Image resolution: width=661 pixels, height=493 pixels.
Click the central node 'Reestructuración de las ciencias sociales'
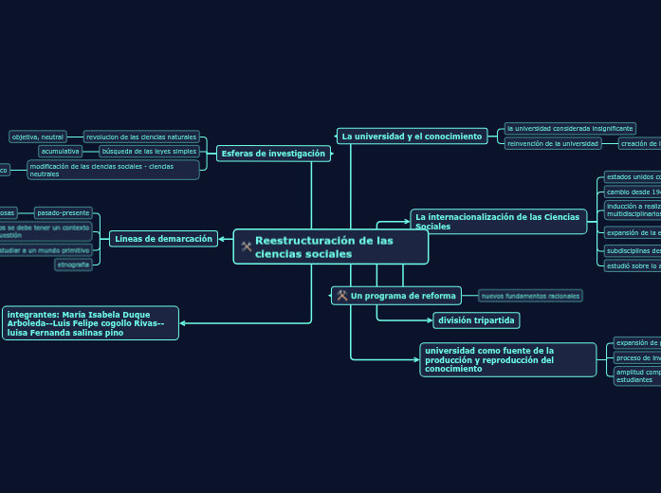click(331, 247)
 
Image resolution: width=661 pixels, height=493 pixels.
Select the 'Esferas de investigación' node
click(273, 154)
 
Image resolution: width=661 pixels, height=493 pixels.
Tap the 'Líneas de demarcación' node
click(163, 239)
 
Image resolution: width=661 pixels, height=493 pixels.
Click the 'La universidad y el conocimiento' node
click(412, 137)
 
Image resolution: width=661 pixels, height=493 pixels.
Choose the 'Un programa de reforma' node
click(403, 296)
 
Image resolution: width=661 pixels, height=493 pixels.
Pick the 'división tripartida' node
click(476, 320)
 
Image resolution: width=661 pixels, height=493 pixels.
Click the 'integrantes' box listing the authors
click(91, 323)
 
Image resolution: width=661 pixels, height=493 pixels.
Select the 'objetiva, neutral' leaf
click(38, 137)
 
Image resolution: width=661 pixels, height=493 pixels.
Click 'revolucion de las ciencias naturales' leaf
click(141, 137)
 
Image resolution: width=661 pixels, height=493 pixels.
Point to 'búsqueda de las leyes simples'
click(149, 151)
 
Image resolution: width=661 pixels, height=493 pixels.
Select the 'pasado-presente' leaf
click(64, 213)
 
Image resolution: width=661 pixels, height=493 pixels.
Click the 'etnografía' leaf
click(73, 265)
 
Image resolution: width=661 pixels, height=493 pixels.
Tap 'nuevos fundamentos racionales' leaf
click(530, 296)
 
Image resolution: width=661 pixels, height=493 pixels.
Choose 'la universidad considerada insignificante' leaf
click(569, 128)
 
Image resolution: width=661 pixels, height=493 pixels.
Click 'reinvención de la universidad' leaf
click(553, 144)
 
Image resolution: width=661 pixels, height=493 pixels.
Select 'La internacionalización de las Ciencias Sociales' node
click(498, 222)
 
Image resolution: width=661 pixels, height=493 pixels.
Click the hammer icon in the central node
click(247, 246)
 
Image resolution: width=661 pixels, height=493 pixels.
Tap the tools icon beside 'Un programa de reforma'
click(341, 296)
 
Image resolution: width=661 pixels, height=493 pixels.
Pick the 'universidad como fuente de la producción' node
click(507, 360)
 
